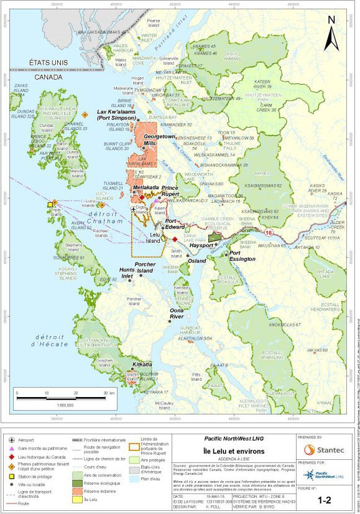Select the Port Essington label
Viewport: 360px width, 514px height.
tap(242, 256)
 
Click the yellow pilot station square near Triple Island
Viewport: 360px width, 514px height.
tap(50, 204)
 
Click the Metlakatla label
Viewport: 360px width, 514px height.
tap(147, 187)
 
